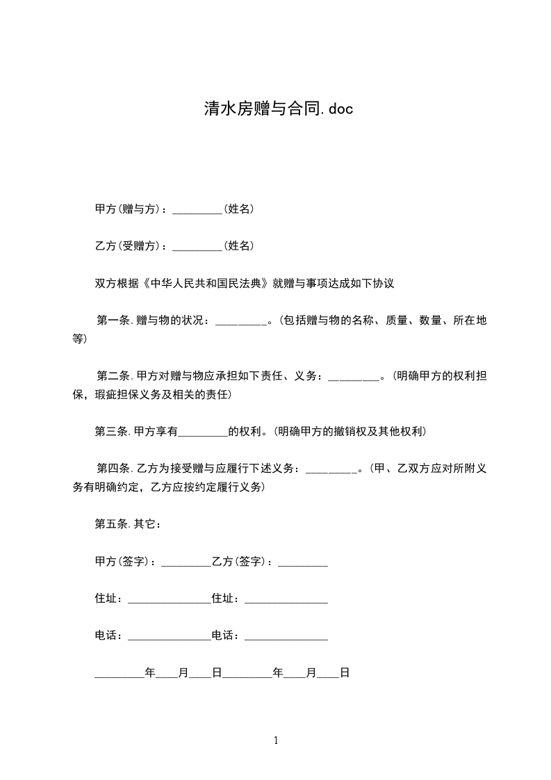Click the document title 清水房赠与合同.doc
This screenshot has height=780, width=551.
pyautogui.click(x=278, y=109)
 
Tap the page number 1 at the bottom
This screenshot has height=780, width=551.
pyautogui.click(x=276, y=741)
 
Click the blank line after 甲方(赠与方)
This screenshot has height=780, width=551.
pyautogui.click(x=197, y=210)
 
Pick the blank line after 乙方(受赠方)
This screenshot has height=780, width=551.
pyautogui.click(x=197, y=247)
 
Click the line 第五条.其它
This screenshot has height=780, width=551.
pyautogui.click(x=129, y=524)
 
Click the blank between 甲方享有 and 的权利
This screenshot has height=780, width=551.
pyautogui.click(x=203, y=433)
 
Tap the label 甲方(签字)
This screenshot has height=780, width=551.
pyautogui.click(x=124, y=562)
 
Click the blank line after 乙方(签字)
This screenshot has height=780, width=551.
pyautogui.click(x=303, y=563)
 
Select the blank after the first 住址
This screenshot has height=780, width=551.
pyautogui.click(x=169, y=600)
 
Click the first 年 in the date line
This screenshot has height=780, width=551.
pyautogui.click(x=149, y=673)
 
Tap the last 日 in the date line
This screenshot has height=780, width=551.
pyautogui.click(x=344, y=673)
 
